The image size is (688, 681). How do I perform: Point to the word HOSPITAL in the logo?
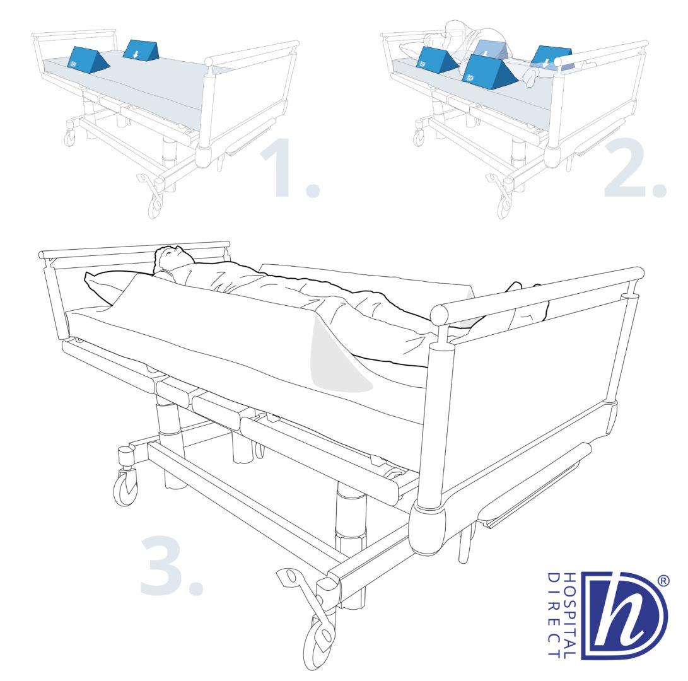[x=569, y=615]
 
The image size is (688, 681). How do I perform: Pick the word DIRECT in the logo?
[x=554, y=615]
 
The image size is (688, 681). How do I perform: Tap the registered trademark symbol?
[x=663, y=581]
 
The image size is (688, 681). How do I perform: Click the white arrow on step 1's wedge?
[x=136, y=54]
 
